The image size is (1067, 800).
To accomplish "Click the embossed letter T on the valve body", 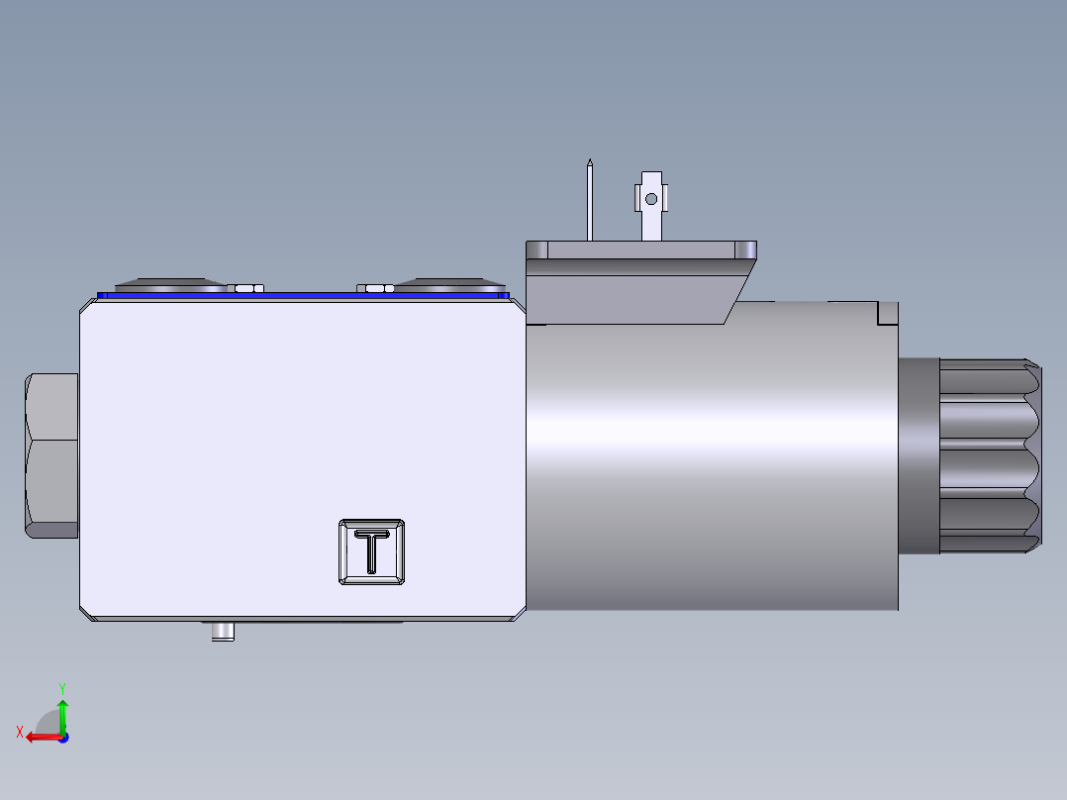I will click(371, 551).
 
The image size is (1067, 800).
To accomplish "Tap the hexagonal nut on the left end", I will click(51, 455).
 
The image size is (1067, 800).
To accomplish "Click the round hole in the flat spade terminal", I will click(650, 199).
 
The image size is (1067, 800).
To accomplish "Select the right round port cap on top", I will click(450, 284).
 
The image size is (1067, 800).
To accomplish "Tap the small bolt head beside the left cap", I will click(246, 288).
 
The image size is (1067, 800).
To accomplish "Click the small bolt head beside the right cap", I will click(375, 288).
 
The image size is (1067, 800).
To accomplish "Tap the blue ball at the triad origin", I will click(63, 737).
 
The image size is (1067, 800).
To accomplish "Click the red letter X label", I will click(20, 732).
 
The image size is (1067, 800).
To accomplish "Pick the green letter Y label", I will click(61, 686).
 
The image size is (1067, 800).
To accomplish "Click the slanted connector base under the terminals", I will click(633, 293).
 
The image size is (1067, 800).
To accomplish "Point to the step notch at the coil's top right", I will click(887, 314).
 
